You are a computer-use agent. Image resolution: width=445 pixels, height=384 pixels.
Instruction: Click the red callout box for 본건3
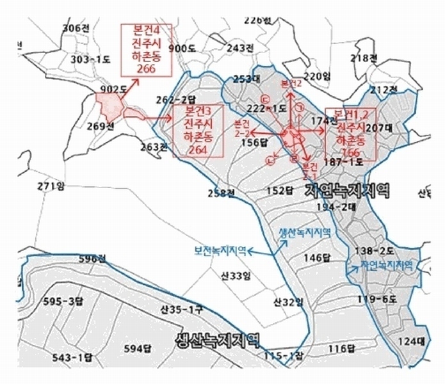pos(197,131)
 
